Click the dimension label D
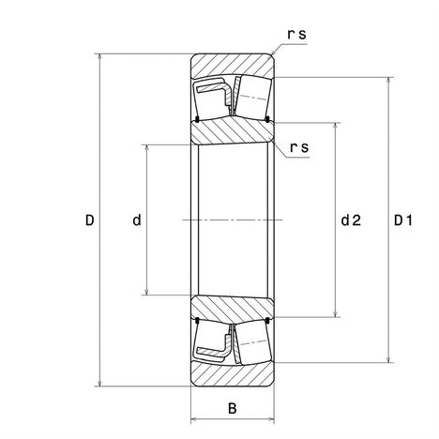(90, 220)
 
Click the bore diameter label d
(137, 220)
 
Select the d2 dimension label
(351, 220)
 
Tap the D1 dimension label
(402, 220)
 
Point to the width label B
(233, 408)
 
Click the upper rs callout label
(296, 34)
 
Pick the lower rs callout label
(299, 147)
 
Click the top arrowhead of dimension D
(99, 56)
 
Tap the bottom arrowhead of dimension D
(99, 384)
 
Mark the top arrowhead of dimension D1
(388, 80)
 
